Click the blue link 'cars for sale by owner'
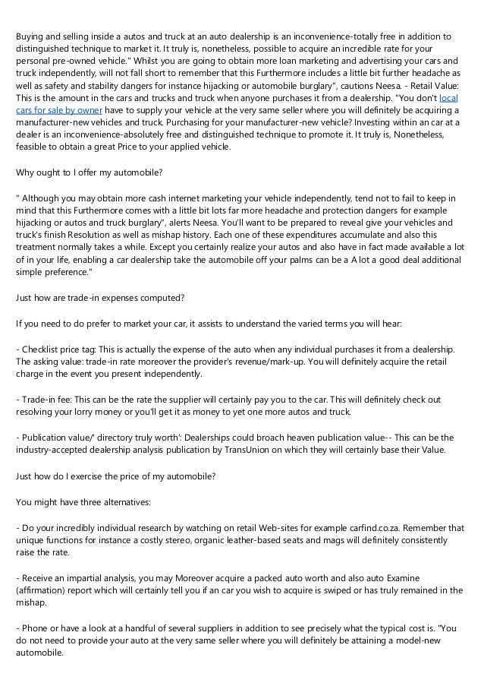[x=51, y=110]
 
